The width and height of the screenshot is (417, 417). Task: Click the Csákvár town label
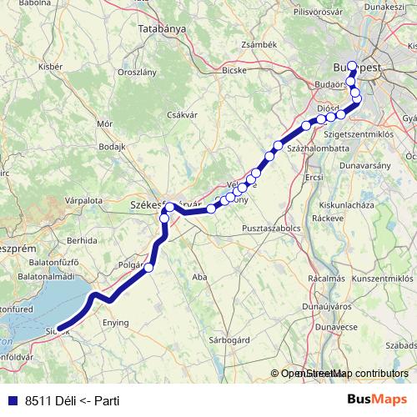point(181,115)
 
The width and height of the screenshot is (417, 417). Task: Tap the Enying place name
point(115,322)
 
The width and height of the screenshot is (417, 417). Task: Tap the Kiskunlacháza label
point(350,204)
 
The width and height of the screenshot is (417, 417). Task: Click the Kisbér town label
point(51,65)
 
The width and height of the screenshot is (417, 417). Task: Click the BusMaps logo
point(379,400)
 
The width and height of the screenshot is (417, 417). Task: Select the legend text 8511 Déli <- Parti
point(73,401)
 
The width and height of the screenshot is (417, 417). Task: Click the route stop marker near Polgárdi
point(149,267)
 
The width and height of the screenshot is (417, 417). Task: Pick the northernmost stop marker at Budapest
point(351,66)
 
